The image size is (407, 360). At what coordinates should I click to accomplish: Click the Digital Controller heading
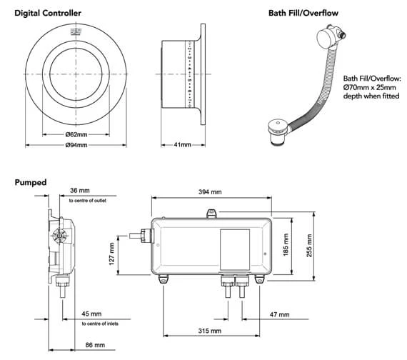[x=48, y=13]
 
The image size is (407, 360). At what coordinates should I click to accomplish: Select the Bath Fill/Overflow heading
[x=303, y=13]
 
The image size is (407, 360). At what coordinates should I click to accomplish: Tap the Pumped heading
[x=31, y=182]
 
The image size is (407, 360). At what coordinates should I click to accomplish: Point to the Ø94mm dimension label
[x=76, y=145]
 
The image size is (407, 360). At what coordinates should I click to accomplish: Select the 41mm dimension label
[x=182, y=145]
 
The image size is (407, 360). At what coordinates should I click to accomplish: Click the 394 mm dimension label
[x=212, y=191]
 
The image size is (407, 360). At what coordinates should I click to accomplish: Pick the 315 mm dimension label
[x=209, y=331]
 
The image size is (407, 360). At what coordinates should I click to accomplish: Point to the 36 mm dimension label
[x=80, y=191]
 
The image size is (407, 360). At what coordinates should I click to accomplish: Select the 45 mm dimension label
[x=91, y=314]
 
